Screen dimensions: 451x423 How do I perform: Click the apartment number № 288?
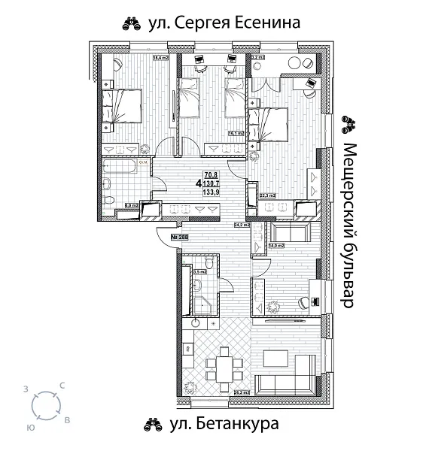click(x=180, y=238)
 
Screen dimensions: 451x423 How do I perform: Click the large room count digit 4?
click(x=198, y=183)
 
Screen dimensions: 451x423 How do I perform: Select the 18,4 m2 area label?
click(x=160, y=57)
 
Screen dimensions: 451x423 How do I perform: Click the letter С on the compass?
click(x=62, y=386)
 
